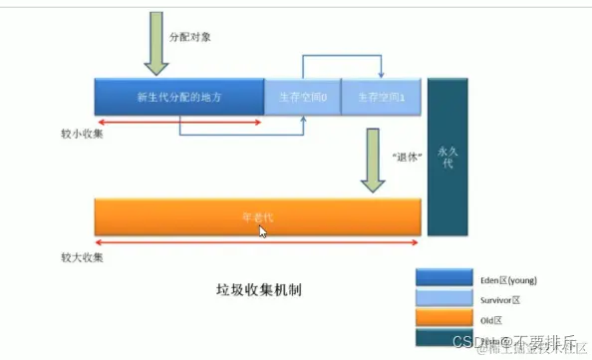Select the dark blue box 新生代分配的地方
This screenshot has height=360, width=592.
point(178,97)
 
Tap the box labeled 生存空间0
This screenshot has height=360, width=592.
point(302,97)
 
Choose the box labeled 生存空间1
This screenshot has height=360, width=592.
point(381,97)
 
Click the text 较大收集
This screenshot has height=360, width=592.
point(79,256)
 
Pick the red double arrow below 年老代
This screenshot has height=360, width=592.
point(257,241)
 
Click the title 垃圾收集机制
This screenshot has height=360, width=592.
point(259,290)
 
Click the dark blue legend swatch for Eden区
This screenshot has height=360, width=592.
point(444,276)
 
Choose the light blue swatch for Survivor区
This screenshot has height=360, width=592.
point(444,298)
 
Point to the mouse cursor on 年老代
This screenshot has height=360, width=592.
point(262,230)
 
